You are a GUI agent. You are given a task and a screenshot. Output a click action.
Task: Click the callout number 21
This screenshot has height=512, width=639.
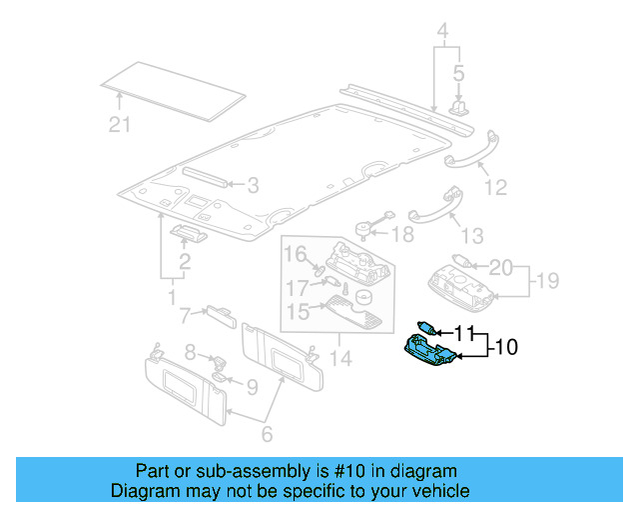121,124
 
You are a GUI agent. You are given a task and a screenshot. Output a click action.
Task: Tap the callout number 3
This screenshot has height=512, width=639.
253,185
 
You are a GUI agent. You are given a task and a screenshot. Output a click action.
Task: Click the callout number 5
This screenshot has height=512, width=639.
459,73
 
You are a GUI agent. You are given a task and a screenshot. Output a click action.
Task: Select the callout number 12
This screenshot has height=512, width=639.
495,187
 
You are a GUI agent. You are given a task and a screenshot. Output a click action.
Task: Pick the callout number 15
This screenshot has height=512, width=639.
296,314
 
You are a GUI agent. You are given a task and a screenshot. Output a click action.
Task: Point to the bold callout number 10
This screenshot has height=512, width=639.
506,348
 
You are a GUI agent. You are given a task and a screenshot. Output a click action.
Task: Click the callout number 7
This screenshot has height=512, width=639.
185,317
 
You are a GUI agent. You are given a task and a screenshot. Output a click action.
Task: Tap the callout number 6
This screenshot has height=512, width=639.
267,436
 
